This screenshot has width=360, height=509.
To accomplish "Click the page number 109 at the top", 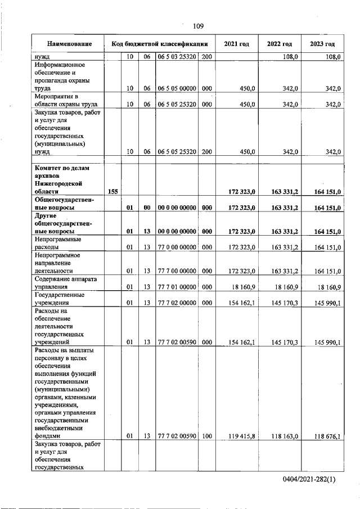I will pos(198,26).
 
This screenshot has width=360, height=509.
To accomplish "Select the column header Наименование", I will pos(69,44).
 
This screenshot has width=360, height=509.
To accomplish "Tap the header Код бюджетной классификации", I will pos(160,44).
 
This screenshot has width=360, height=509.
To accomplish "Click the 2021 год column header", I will pos(236,44).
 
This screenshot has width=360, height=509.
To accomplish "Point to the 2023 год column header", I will pos(322,44).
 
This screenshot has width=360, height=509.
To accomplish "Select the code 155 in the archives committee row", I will pos(112,192).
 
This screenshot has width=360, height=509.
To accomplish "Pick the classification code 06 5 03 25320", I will pos(176,57).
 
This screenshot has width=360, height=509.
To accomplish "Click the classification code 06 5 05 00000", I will pos(176,88).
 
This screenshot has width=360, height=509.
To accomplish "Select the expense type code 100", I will pos(206,435).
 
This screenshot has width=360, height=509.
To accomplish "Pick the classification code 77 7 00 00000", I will pos(176,271).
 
